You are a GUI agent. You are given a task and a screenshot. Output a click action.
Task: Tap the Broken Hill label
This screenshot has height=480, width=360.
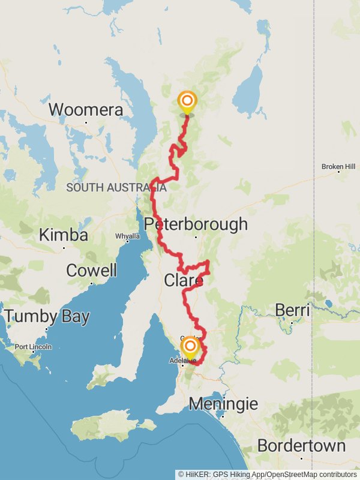point(338,166)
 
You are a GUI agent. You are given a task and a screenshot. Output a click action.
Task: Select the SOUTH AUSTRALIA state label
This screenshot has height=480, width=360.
point(116,188)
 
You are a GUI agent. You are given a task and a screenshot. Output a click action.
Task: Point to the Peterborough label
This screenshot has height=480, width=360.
point(196,224)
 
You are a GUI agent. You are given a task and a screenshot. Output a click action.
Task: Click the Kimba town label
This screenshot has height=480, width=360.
point(63,235)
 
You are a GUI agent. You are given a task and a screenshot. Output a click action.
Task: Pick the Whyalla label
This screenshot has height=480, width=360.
point(128,236)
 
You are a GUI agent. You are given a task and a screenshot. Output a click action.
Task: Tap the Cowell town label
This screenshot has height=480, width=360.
point(91,271)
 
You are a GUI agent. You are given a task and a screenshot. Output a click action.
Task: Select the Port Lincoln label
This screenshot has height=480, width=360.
point(33,347)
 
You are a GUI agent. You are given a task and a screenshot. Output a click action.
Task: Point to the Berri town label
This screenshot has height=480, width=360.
point(292,311)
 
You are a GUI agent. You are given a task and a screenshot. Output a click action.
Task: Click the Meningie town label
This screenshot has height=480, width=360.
point(223,404)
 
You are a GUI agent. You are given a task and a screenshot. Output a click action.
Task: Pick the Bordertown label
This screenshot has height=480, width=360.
point(301,446)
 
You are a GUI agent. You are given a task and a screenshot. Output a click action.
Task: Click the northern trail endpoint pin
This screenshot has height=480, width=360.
point(187,101)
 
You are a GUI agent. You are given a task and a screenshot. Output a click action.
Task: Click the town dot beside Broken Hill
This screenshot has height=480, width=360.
point(338,172)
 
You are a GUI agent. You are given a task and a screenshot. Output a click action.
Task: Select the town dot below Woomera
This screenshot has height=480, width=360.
point(86,122)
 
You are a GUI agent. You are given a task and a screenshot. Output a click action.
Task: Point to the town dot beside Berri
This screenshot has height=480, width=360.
point(292,323)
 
